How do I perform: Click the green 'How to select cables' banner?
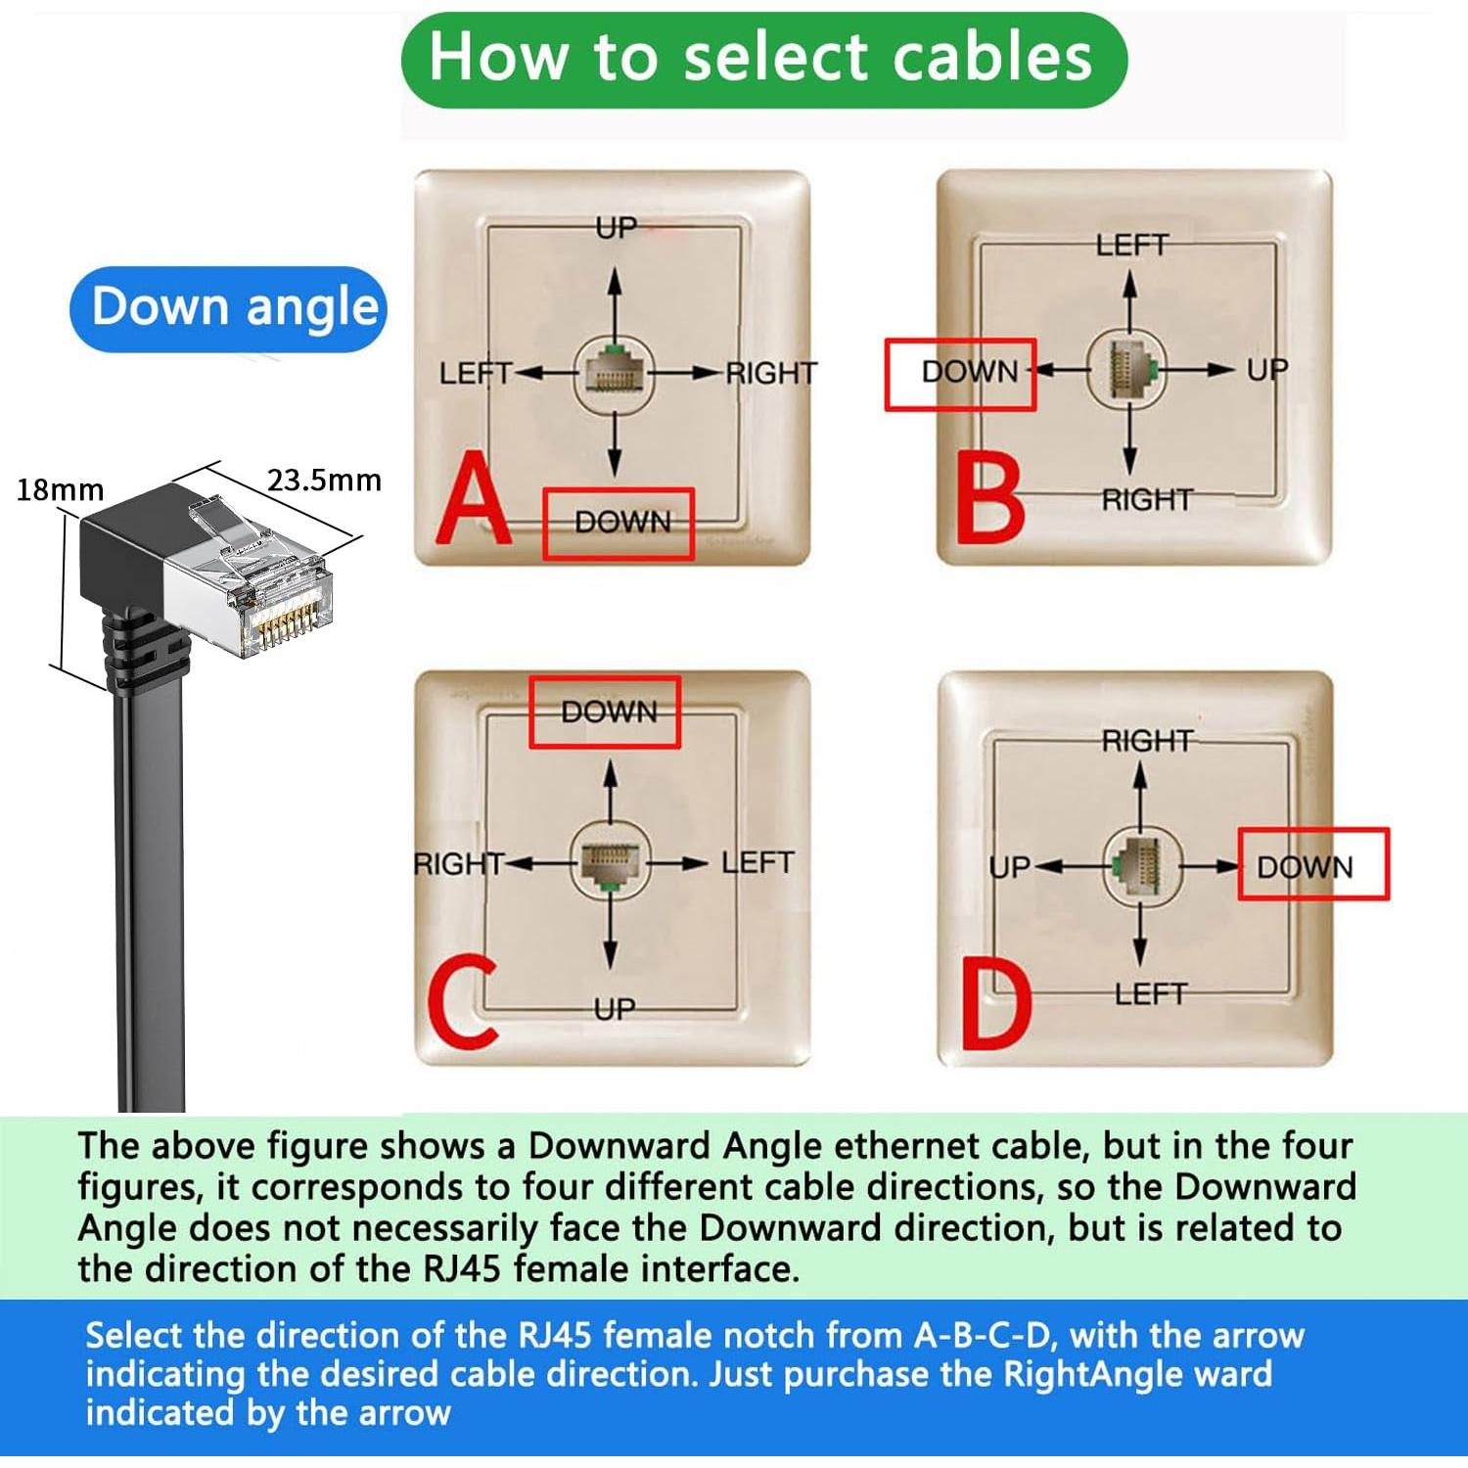(x=763, y=59)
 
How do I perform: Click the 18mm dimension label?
(x=60, y=489)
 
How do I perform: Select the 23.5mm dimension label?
(x=324, y=481)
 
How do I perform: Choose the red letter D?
(x=995, y=1004)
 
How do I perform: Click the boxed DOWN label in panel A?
(x=619, y=523)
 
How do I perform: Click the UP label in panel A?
(x=617, y=228)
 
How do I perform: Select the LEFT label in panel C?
(x=757, y=863)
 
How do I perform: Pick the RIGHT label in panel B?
(x=1147, y=500)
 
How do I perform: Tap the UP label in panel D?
(x=1009, y=867)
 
